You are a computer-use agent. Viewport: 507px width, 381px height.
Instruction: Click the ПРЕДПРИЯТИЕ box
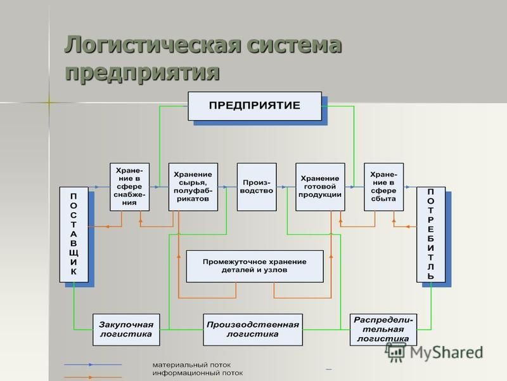click(255, 106)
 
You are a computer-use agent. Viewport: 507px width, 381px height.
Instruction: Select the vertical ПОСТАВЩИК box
click(74, 234)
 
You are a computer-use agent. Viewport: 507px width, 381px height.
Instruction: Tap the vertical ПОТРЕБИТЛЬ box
click(431, 234)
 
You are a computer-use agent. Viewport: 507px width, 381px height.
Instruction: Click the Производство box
click(257, 187)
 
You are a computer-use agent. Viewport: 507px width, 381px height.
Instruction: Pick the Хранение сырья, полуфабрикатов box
click(193, 187)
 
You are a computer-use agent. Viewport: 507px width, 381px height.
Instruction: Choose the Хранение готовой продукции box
click(320, 187)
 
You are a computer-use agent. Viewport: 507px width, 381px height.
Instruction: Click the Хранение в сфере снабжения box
click(129, 187)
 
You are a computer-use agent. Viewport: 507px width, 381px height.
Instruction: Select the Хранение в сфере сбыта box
click(384, 187)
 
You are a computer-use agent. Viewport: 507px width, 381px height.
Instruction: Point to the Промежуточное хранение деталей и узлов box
click(255, 266)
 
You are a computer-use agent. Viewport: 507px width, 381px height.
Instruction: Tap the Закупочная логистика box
click(126, 330)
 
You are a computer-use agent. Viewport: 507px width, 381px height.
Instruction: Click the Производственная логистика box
click(253, 330)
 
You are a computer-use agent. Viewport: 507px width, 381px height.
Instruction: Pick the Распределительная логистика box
click(383, 330)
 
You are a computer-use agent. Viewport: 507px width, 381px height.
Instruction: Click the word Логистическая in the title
click(153, 44)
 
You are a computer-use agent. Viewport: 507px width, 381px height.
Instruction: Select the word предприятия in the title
click(142, 72)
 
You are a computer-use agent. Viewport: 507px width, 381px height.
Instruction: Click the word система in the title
click(294, 44)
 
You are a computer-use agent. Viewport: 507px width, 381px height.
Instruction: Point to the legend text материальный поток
click(192, 364)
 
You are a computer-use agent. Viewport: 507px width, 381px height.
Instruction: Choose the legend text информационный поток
click(198, 373)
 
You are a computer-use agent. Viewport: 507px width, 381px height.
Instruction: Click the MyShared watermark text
click(446, 352)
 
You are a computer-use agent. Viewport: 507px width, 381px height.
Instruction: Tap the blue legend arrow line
click(93, 364)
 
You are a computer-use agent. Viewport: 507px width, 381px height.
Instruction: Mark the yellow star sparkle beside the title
click(49, 103)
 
